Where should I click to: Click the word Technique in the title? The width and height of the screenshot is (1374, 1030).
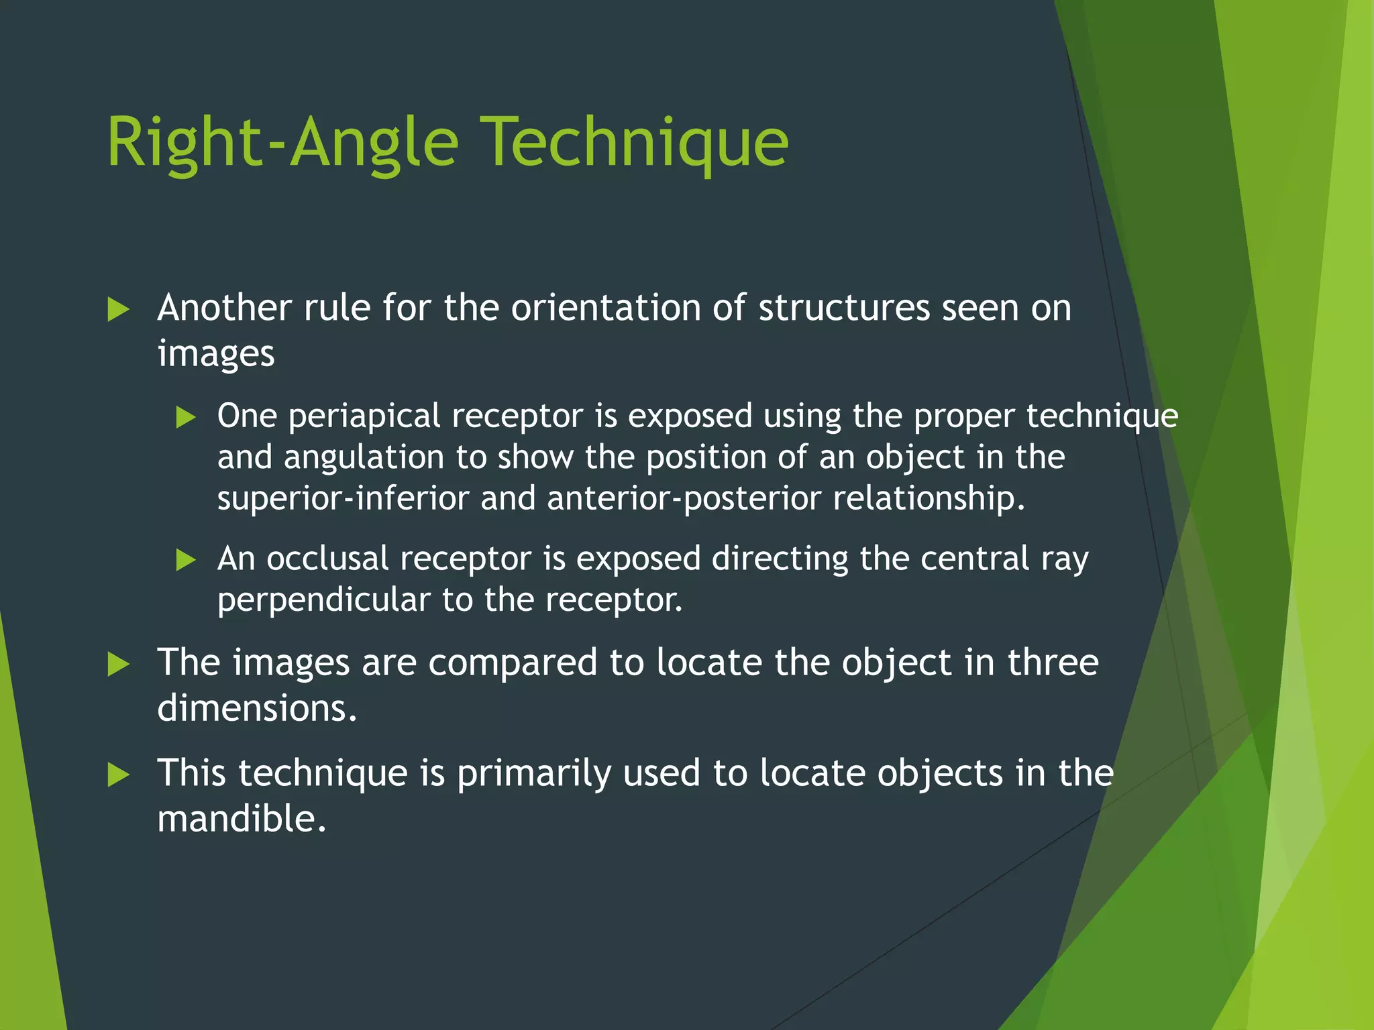pos(635,143)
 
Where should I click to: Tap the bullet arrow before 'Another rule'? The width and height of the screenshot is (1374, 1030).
pos(118,310)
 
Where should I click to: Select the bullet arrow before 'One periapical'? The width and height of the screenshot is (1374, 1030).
pos(185,418)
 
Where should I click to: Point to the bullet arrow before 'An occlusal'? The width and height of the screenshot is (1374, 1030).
pos(185,560)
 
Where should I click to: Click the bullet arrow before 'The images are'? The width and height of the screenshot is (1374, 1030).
pos(118,665)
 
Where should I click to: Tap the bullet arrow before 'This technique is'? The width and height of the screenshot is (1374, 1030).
pos(118,775)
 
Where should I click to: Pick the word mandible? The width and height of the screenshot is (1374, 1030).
pos(242,819)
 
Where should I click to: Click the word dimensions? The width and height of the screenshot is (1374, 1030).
pos(257,709)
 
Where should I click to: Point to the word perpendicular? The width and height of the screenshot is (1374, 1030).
pos(323,600)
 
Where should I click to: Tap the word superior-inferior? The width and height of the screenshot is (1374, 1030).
pos(343,499)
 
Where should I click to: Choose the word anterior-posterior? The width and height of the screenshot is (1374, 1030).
pos(684,499)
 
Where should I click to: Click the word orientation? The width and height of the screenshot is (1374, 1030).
pos(606,308)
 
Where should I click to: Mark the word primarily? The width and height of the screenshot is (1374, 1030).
pos(534,774)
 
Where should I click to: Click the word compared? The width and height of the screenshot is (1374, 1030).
pos(513,663)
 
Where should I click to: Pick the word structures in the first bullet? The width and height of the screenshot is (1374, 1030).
pos(844,308)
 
